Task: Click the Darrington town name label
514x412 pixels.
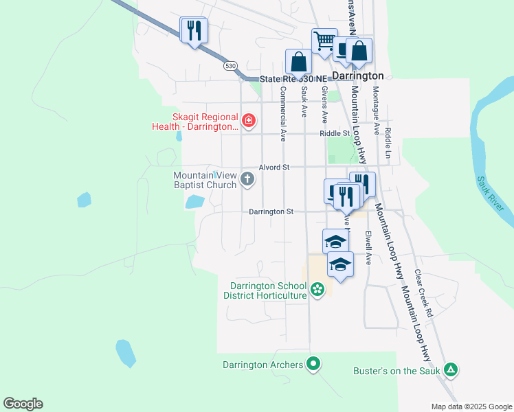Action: click(x=357, y=76)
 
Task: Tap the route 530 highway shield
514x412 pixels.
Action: click(x=230, y=66)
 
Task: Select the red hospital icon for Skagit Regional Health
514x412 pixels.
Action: click(x=248, y=122)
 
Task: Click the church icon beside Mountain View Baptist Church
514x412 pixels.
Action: click(x=248, y=181)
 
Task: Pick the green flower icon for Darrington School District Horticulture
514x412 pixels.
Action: click(x=317, y=290)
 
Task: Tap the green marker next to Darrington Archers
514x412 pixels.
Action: click(x=313, y=364)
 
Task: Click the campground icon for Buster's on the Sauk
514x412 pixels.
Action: click(x=450, y=371)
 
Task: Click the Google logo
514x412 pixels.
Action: click(x=23, y=404)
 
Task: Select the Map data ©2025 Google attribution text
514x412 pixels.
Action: click(x=471, y=407)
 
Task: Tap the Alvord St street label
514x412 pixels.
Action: click(x=274, y=167)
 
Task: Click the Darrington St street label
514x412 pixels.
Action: click(x=271, y=212)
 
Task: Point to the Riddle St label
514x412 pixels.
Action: click(x=335, y=134)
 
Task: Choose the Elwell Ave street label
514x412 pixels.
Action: click(x=368, y=248)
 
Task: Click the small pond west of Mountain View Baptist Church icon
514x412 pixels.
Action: click(x=194, y=201)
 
